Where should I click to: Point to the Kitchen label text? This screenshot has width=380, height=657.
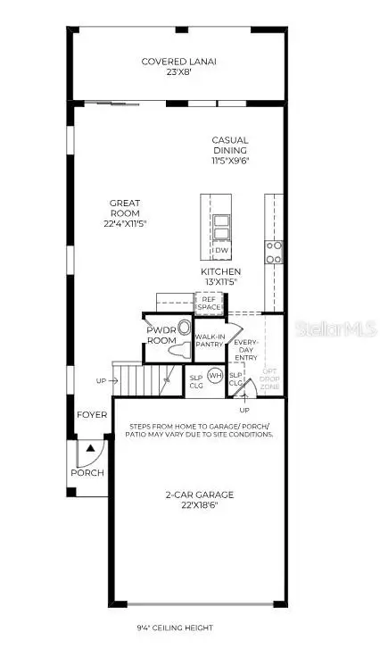click(220, 275)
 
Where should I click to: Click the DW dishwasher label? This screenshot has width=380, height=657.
click(222, 251)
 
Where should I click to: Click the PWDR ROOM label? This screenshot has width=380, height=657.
click(163, 335)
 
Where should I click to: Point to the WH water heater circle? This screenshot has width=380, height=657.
click(215, 375)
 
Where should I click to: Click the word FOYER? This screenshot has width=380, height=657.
click(92, 415)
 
